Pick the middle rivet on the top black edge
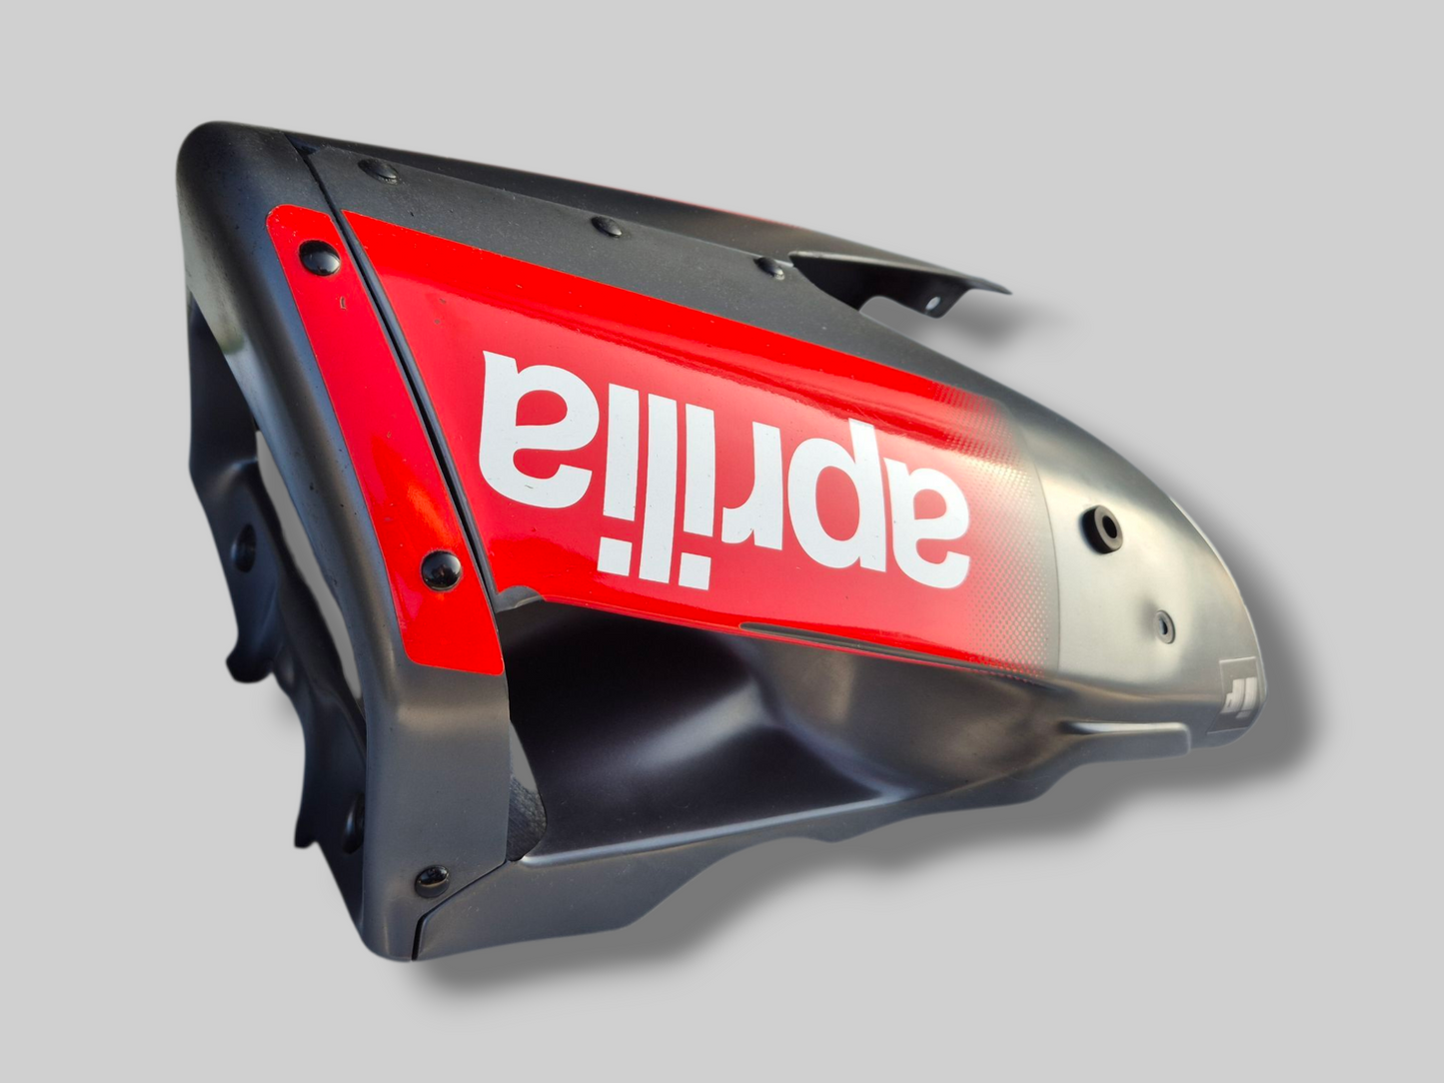[605, 226]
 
